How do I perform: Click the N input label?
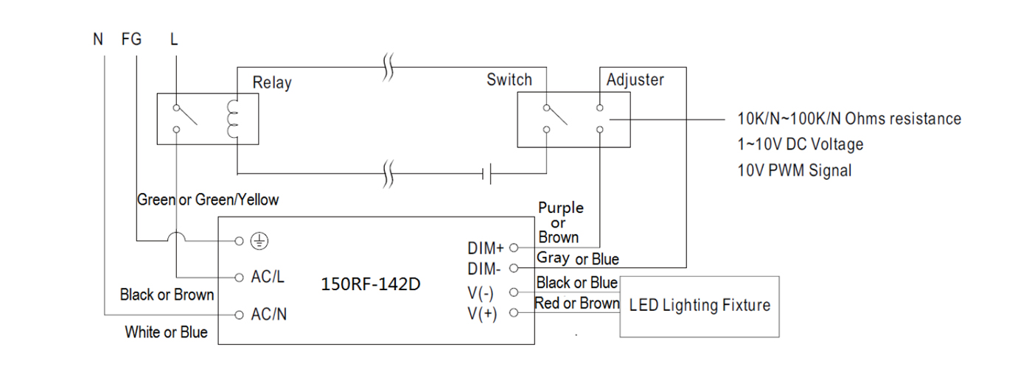(97, 40)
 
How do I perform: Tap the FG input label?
(131, 40)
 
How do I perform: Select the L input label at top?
(174, 40)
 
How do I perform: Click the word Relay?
(272, 82)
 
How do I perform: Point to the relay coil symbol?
(233, 119)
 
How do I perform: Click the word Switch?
(509, 80)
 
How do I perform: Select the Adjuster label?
(635, 80)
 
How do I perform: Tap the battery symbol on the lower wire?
(487, 174)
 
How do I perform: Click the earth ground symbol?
(259, 241)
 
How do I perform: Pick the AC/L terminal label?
(267, 277)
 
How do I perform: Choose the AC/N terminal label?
(268, 315)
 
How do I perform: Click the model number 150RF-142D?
(370, 284)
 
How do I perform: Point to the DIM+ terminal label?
(486, 248)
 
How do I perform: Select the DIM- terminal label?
(484, 269)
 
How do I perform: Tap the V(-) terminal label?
(481, 293)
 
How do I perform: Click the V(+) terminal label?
(482, 314)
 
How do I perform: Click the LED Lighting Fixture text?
(700, 305)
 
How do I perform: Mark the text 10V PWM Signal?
(795, 171)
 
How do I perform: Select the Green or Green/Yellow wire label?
(208, 200)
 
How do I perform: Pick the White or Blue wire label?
(166, 332)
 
